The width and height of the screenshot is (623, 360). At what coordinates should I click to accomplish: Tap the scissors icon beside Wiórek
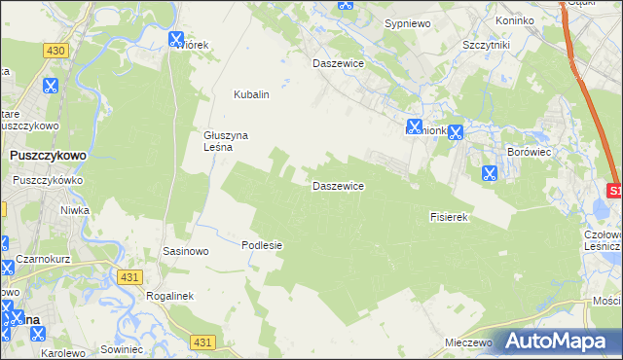[x=176, y=40]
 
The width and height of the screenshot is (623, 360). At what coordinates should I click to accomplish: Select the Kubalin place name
[x=250, y=95]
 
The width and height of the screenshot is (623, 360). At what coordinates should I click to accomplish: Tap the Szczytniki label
[x=488, y=46]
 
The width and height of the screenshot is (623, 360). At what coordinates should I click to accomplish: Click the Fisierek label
[x=450, y=217]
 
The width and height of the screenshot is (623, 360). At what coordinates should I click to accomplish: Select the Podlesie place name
[x=262, y=245]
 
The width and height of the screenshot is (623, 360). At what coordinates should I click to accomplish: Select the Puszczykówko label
[x=50, y=180]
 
